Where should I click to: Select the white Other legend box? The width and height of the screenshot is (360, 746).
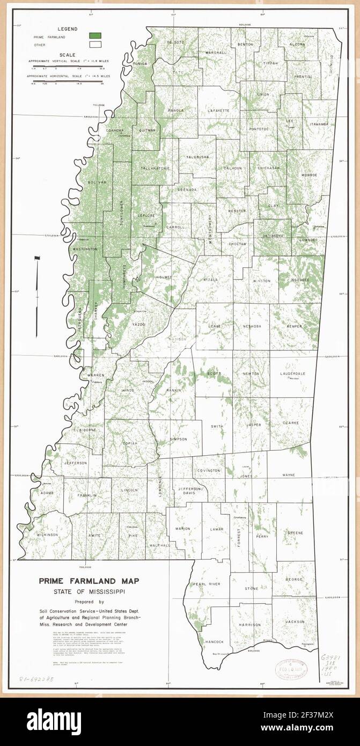pyautogui.click(x=95, y=45)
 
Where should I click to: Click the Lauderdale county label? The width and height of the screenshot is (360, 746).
pyautogui.click(x=295, y=373)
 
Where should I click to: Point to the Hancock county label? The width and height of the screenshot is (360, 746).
pyautogui.click(x=214, y=641)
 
